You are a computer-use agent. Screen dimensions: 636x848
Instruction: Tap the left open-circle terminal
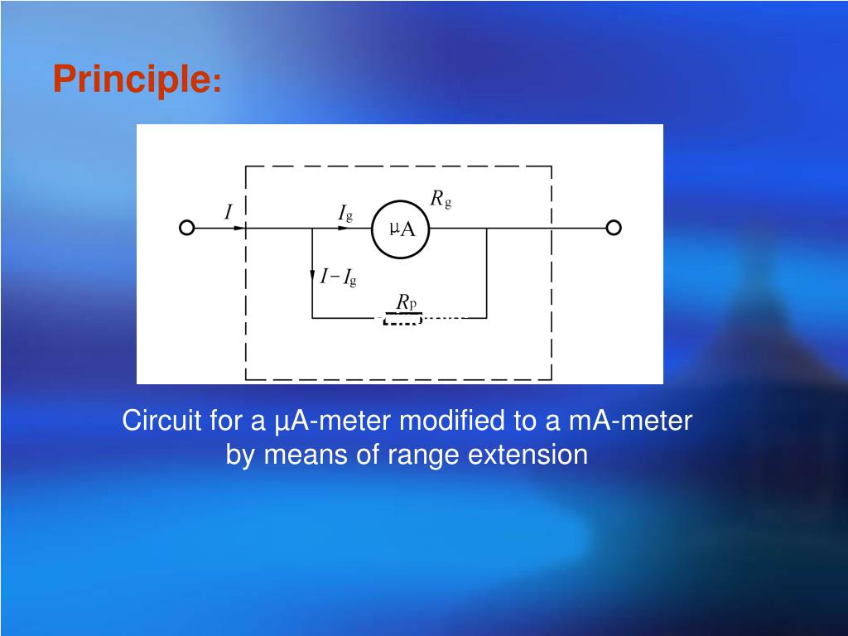click(x=187, y=228)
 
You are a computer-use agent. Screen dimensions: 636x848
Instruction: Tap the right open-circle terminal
click(x=614, y=228)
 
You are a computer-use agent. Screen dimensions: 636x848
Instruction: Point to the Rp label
click(x=406, y=303)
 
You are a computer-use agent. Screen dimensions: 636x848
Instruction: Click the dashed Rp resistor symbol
click(x=402, y=318)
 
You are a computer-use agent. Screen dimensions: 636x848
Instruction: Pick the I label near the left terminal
click(x=229, y=213)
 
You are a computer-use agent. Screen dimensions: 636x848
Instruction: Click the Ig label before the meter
click(x=345, y=214)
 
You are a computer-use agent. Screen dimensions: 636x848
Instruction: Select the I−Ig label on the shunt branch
click(x=339, y=277)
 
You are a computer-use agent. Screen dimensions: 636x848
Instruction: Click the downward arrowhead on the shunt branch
click(x=312, y=275)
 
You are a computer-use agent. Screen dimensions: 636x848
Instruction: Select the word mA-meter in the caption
click(x=630, y=421)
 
